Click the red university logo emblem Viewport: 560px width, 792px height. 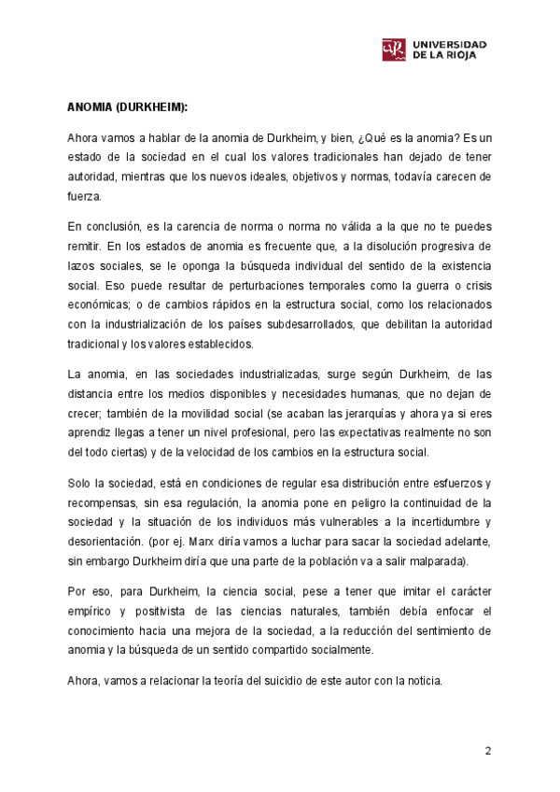point(394,49)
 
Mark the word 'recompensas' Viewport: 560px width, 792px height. point(105,502)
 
